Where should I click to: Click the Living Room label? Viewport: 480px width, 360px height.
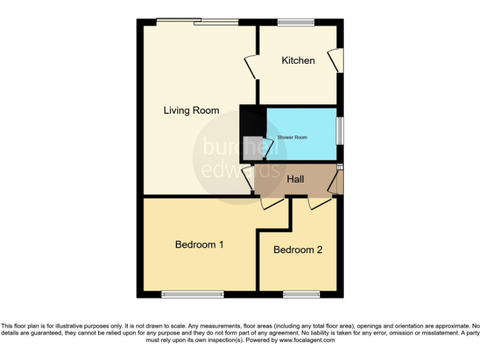(x=191, y=111)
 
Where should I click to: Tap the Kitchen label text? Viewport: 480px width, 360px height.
(x=298, y=61)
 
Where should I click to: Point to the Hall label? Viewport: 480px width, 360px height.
(x=296, y=179)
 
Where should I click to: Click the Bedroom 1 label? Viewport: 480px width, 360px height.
(x=199, y=244)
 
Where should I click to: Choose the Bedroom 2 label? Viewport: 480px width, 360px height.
(x=298, y=249)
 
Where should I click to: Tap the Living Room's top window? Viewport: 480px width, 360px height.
(x=197, y=22)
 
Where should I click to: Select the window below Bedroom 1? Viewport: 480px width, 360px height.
(x=192, y=294)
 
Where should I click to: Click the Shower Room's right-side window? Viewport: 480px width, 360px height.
(x=340, y=131)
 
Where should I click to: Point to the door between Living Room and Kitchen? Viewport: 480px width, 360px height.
(x=252, y=66)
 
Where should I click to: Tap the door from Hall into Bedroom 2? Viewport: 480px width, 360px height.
(x=319, y=202)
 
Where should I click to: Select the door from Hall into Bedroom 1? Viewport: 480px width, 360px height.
(x=272, y=204)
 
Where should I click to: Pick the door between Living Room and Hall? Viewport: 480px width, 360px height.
(x=248, y=178)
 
